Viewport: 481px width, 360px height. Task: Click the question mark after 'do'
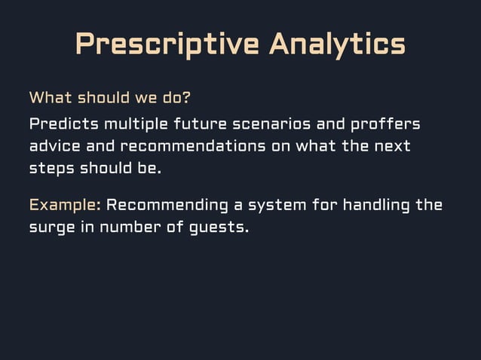(x=186, y=97)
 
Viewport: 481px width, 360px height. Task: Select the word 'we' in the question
(x=142, y=97)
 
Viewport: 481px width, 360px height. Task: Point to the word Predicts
(x=63, y=123)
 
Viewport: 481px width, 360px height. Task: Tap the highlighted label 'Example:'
(x=65, y=205)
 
